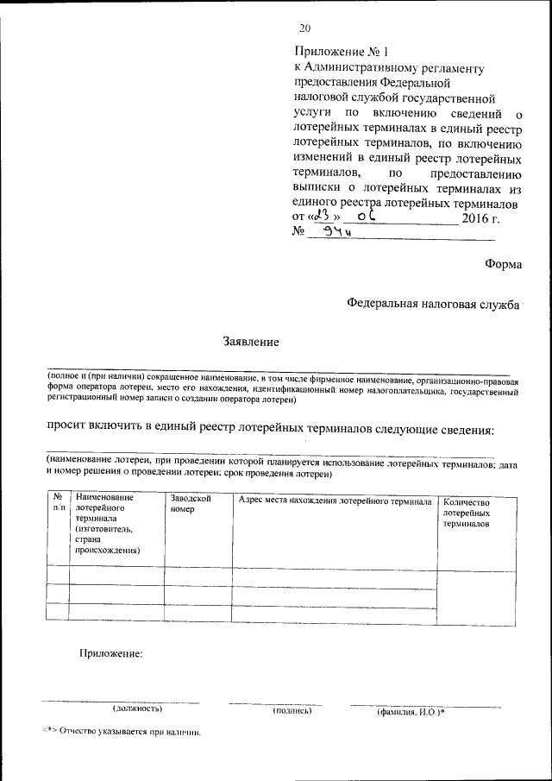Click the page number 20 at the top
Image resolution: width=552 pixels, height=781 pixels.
click(x=304, y=28)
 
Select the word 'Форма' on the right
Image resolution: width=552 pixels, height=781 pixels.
click(x=503, y=265)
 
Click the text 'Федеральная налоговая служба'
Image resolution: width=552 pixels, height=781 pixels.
click(x=432, y=304)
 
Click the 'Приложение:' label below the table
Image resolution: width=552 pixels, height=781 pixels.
click(x=110, y=653)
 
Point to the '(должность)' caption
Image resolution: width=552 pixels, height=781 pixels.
click(x=137, y=709)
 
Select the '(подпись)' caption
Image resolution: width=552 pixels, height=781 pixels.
click(x=292, y=710)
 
